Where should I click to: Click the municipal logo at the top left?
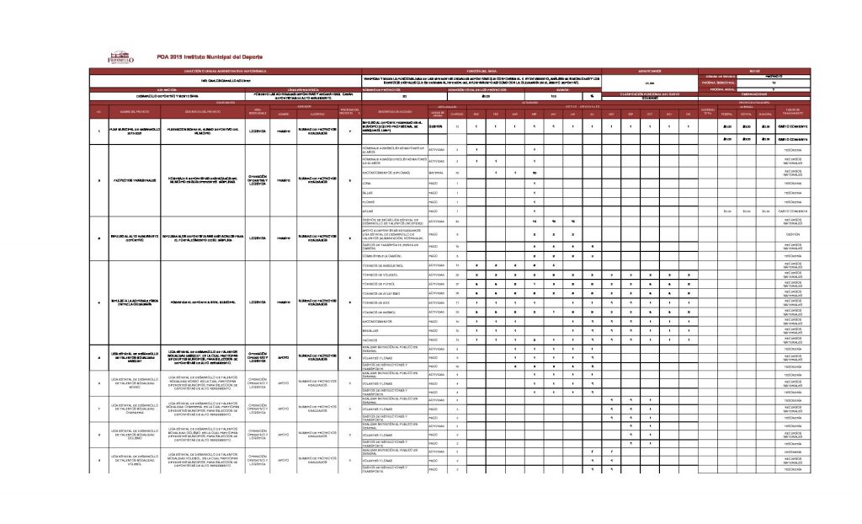tap(120, 56)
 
